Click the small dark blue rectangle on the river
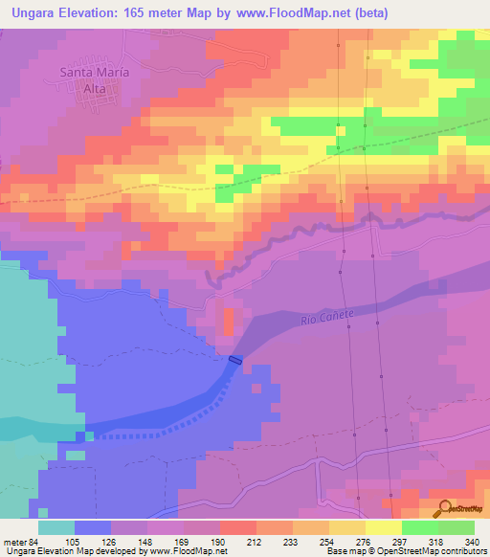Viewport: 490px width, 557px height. (x=235, y=360)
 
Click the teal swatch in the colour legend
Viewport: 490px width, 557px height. (x=56, y=527)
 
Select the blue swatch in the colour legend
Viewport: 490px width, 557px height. (x=93, y=527)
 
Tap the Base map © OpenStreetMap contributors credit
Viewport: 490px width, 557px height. (x=406, y=551)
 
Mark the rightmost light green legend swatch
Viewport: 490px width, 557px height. (x=457, y=527)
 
